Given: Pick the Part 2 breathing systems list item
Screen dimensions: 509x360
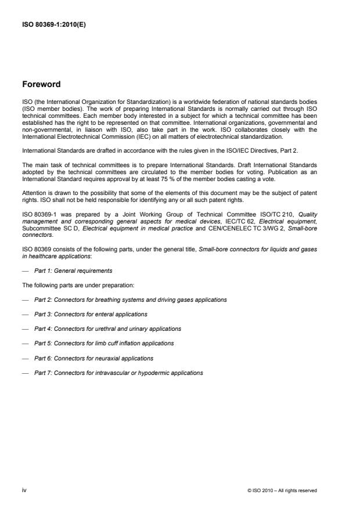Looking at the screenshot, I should [x=130, y=299].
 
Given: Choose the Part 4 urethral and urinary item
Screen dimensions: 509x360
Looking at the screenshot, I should [x=107, y=328].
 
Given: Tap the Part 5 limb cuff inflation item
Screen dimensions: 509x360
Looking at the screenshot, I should [x=104, y=343].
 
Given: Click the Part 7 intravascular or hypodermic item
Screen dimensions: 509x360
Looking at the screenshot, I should [x=118, y=372].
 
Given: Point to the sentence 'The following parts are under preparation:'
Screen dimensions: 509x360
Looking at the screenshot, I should [x=67, y=285].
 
